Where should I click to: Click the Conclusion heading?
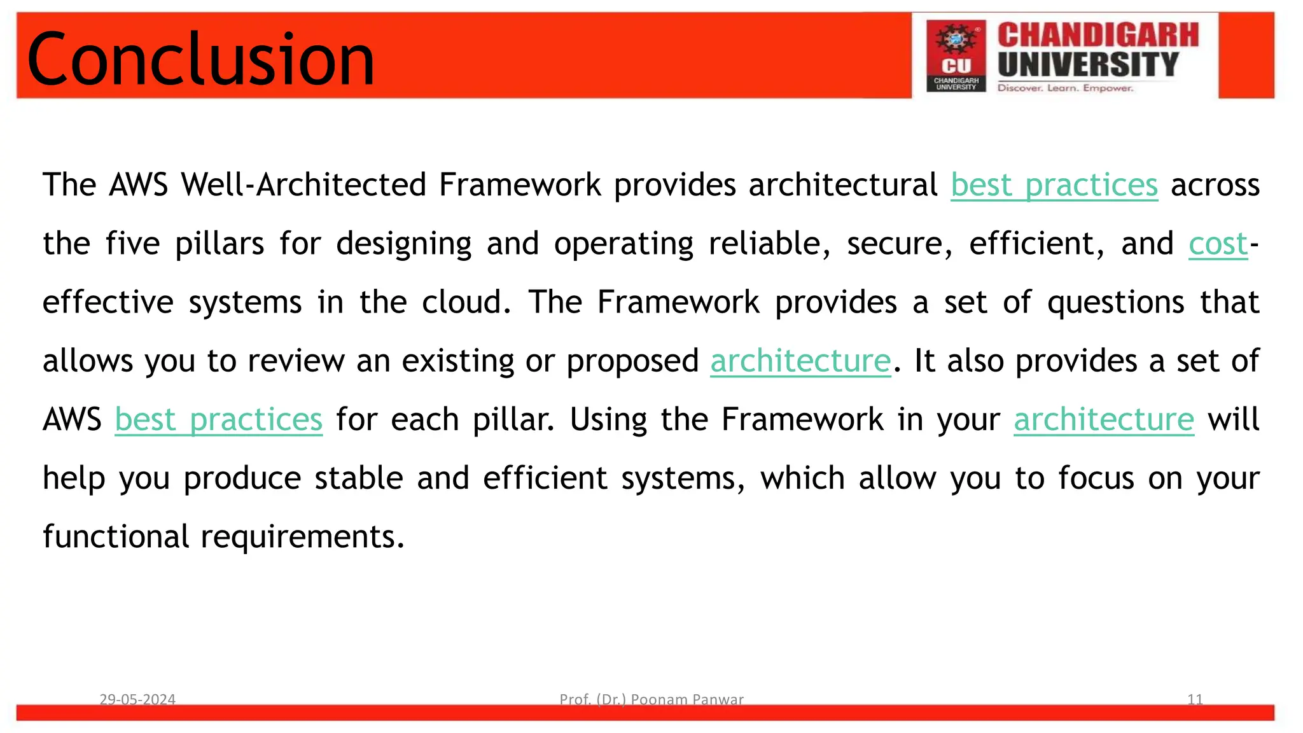click(x=200, y=59)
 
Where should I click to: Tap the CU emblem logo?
click(x=956, y=56)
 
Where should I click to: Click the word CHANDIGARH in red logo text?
click(x=1097, y=35)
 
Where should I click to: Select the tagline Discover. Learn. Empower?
click(x=1065, y=88)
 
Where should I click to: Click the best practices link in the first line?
click(x=1054, y=186)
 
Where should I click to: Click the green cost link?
click(x=1218, y=244)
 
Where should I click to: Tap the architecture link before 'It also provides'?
click(x=800, y=361)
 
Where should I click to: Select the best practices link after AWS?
click(x=218, y=420)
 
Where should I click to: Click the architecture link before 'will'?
click(x=1103, y=420)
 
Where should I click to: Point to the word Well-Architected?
click(x=303, y=185)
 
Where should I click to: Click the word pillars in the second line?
click(x=219, y=244)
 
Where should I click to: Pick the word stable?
click(x=358, y=478)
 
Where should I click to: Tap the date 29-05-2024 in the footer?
click(x=137, y=699)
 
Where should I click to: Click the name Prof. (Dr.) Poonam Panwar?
click(x=651, y=699)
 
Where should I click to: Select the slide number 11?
click(x=1194, y=699)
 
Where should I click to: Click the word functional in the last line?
click(x=116, y=536)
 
